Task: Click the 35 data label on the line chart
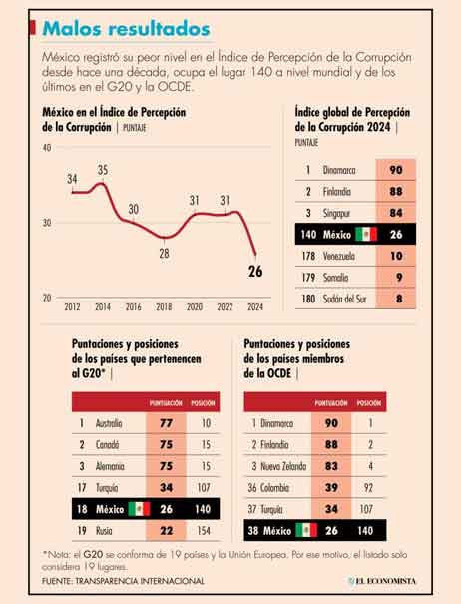point(102,171)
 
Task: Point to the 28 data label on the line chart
point(164,253)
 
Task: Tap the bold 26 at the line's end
point(256,271)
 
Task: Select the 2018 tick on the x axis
point(164,306)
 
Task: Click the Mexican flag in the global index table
point(366,234)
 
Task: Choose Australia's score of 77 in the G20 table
point(165,423)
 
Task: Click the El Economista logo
point(396,581)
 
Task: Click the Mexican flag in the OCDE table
point(306,530)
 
